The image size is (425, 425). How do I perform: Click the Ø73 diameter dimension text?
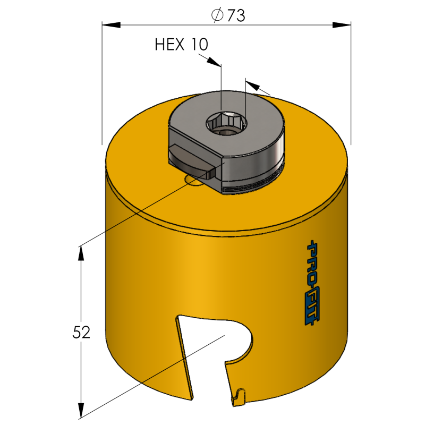pyautogui.click(x=227, y=16)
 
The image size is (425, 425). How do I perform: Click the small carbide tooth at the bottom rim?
pyautogui.click(x=239, y=396)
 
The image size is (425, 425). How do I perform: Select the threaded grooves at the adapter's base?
pyautogui.click(x=250, y=186)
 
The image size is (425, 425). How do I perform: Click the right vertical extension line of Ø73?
pyautogui.click(x=351, y=85)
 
